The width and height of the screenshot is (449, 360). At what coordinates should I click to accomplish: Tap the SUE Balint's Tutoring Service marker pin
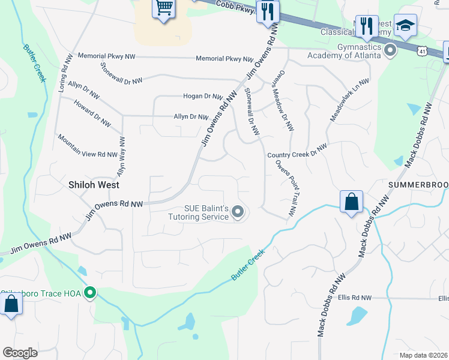click(238, 212)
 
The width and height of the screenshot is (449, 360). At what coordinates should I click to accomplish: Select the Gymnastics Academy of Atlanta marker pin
click(390, 50)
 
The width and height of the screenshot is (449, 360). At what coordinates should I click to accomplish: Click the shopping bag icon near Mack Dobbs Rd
click(351, 202)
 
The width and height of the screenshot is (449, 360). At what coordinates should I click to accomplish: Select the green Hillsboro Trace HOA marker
click(90, 293)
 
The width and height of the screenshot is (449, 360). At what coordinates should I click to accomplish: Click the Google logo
click(20, 353)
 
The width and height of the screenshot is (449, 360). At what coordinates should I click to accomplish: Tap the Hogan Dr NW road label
click(203, 96)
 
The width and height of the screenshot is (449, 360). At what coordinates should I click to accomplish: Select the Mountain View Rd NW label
click(87, 146)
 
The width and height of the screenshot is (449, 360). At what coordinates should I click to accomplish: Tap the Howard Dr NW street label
click(92, 113)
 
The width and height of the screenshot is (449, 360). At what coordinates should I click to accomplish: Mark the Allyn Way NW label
click(122, 156)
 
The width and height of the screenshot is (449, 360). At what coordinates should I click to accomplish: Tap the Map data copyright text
click(423, 355)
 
